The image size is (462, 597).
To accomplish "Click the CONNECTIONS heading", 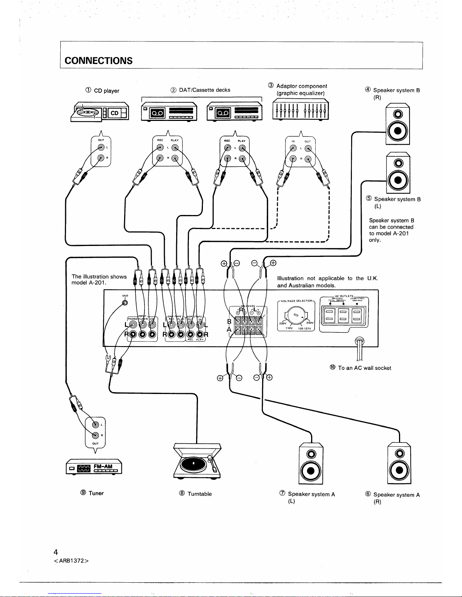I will [x=98, y=61].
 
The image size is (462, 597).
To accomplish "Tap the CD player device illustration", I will [x=100, y=112].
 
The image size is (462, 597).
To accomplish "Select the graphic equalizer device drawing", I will [x=301, y=110].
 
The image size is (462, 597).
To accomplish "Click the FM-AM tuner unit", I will [x=94, y=469].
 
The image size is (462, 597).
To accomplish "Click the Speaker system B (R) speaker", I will [x=398, y=124].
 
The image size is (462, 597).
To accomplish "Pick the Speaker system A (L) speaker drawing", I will [x=311, y=463].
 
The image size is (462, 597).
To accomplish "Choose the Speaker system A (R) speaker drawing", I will [x=399, y=463].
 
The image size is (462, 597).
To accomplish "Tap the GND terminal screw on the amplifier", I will [x=125, y=304].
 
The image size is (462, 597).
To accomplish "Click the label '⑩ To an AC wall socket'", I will [x=361, y=368].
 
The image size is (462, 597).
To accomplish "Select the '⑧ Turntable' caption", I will [x=196, y=494].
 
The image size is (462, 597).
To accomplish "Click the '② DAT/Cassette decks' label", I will [x=200, y=90].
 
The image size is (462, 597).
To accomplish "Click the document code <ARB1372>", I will [x=71, y=560].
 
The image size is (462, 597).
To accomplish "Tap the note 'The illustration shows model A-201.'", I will [x=99, y=279].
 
